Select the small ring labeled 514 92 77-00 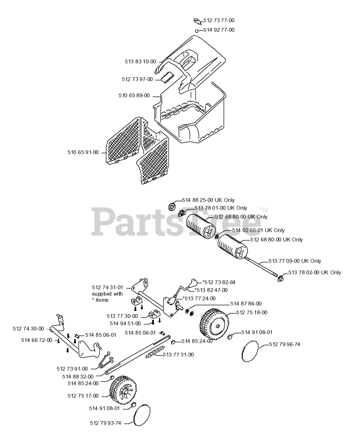[x=197, y=31]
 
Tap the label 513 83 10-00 [x=140, y=62]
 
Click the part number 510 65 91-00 [x=83, y=152]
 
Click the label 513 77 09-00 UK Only [x=295, y=261]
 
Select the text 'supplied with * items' [x=107, y=297]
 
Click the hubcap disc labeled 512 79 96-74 [x=250, y=351]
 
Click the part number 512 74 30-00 [x=28, y=328]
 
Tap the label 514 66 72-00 [x=36, y=340]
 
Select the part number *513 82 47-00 [x=211, y=290]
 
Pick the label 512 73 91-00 [x=72, y=369]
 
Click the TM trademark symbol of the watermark [x=264, y=210]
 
